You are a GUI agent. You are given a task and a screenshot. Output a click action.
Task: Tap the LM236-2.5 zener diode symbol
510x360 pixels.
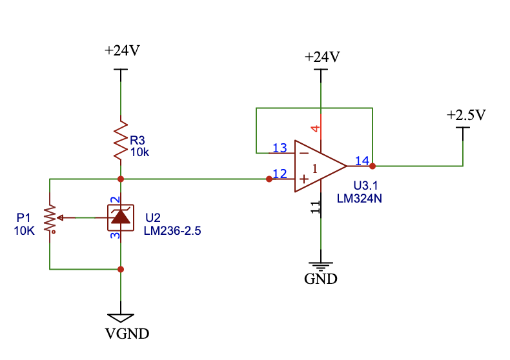pyautogui.click(x=121, y=217)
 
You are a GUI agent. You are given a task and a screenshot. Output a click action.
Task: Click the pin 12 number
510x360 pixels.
pyautogui.click(x=280, y=173)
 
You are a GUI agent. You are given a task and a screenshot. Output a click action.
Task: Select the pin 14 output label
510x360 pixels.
pyautogui.click(x=362, y=161)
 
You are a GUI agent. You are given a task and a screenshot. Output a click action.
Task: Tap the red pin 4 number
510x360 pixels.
pyautogui.click(x=316, y=128)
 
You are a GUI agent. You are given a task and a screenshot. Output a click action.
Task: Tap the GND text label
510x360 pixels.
pyautogui.click(x=321, y=279)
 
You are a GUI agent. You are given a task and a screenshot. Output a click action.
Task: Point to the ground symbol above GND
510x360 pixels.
pyautogui.click(x=321, y=265)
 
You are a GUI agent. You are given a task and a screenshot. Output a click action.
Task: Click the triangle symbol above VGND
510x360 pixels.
pyautogui.click(x=121, y=317)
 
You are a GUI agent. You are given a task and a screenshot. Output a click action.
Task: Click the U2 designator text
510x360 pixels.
pyautogui.click(x=153, y=217)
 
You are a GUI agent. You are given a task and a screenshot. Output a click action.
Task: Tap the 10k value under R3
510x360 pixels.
pyautogui.click(x=140, y=152)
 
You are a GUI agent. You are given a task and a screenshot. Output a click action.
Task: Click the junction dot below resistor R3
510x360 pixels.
pyautogui.click(x=121, y=179)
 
